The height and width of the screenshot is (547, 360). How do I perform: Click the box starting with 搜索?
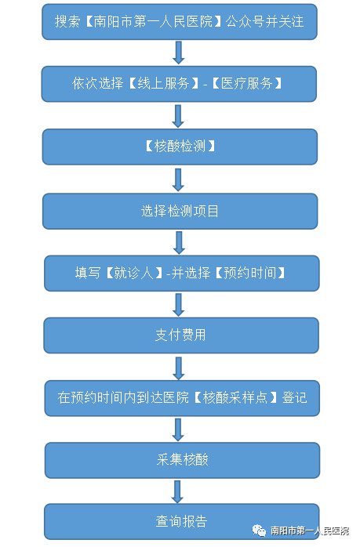tap(179, 22)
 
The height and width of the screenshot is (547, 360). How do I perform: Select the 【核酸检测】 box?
tap(180, 147)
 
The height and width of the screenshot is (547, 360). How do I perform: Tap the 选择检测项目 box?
tap(180, 212)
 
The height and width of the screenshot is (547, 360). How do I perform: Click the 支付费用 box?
tap(181, 335)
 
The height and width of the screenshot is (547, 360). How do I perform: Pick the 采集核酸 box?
tap(182, 460)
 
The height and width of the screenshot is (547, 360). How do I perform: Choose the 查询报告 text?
tap(182, 522)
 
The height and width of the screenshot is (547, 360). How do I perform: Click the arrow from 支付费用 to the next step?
tap(179, 368)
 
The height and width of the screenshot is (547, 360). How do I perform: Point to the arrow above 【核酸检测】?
tap(178, 116)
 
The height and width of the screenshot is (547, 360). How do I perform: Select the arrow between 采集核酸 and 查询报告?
tap(177, 491)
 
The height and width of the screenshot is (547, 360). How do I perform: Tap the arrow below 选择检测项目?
tap(179, 243)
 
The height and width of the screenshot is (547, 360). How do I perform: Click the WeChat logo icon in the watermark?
tap(259, 531)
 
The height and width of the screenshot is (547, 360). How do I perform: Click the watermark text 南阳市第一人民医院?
tap(310, 531)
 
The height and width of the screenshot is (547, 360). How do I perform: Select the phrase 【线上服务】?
tap(163, 84)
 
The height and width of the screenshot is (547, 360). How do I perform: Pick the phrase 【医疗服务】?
tap(247, 84)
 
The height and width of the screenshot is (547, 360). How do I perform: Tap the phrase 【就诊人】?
tap(134, 273)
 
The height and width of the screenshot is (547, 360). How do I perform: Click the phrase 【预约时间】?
tap(250, 273)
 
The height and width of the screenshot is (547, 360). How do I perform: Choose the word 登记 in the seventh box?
tap(294, 397)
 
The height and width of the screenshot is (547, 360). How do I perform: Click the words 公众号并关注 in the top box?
tap(264, 22)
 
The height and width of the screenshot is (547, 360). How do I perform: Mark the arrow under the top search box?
tap(178, 53)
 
